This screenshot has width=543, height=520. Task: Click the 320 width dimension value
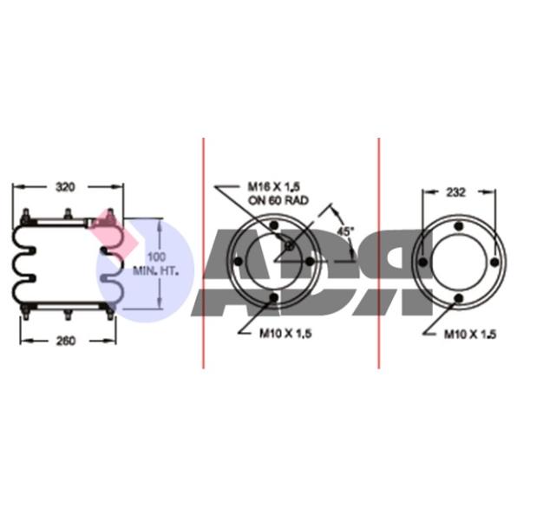[x=65, y=187]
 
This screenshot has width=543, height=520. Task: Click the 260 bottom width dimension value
[x=65, y=341]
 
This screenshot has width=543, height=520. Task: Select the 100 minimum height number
[x=156, y=257]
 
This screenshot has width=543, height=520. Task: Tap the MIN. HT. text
[x=156, y=270]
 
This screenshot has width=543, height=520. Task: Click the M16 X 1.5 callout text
[x=273, y=187]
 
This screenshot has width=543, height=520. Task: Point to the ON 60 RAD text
[x=278, y=200]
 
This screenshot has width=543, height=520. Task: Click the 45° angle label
[x=344, y=231]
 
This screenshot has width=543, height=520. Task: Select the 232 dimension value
[x=455, y=192]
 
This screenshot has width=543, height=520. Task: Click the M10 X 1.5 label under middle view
[x=285, y=333]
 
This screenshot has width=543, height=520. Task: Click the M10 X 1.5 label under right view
[x=470, y=335]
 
